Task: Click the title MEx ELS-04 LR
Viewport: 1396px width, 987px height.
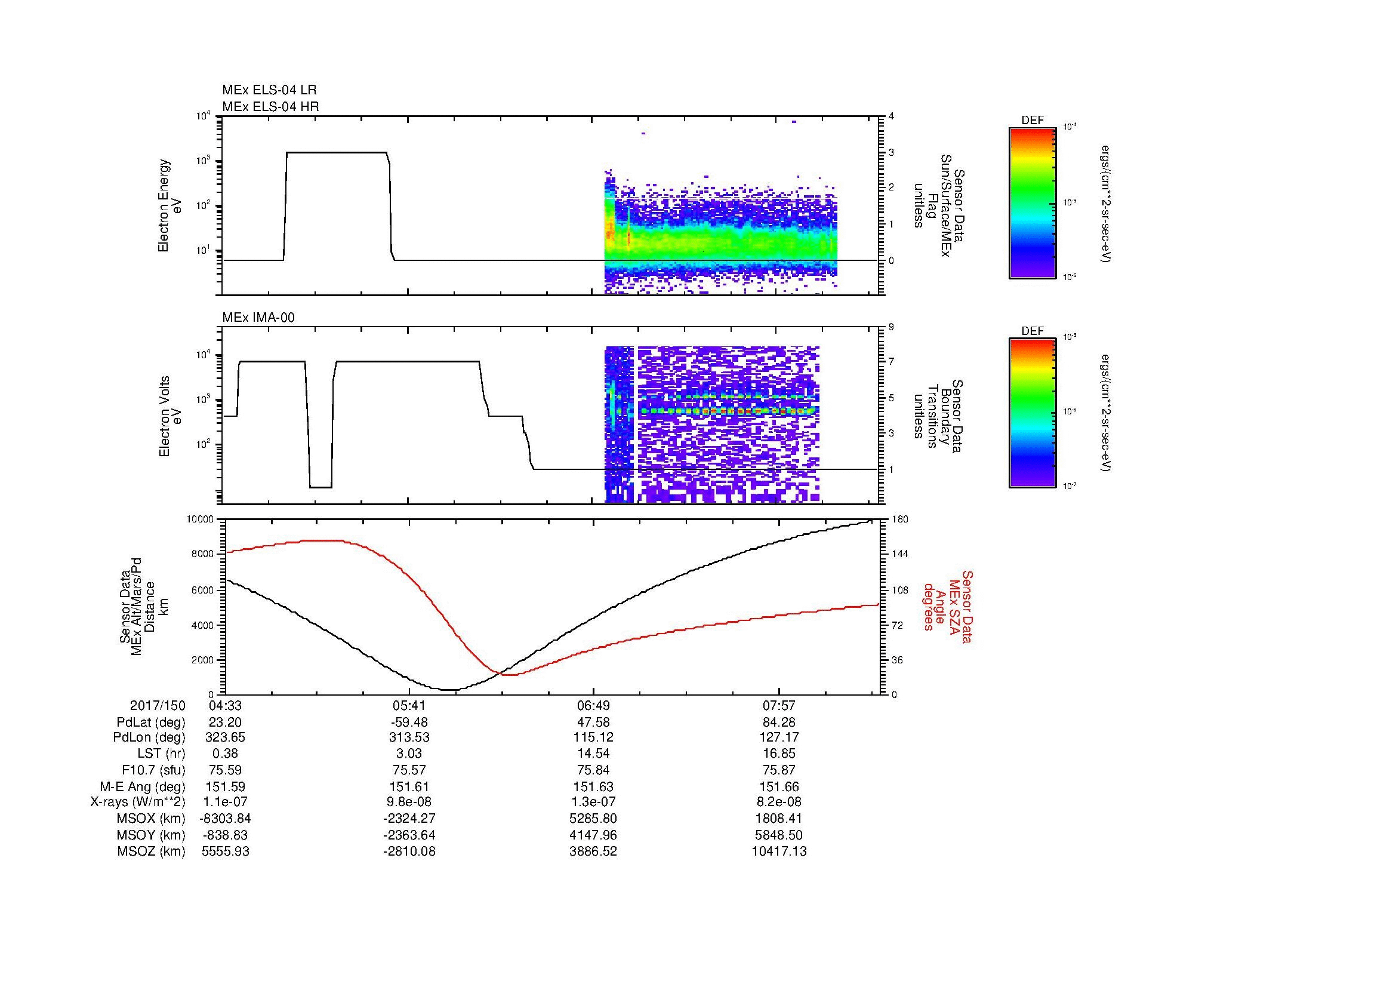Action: tap(269, 90)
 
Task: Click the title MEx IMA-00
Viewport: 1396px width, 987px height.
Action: tap(258, 318)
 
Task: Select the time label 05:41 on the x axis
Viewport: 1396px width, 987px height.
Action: tap(409, 705)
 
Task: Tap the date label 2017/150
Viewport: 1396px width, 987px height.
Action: tap(158, 705)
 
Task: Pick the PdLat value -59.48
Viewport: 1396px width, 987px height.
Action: tap(409, 722)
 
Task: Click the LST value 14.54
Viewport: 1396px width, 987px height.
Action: tap(593, 754)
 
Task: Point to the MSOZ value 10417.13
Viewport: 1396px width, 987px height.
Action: tap(779, 851)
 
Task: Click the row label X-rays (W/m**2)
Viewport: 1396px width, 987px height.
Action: tap(137, 802)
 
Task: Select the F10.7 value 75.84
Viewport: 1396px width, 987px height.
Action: tap(593, 770)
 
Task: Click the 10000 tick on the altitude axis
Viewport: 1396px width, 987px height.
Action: tap(201, 519)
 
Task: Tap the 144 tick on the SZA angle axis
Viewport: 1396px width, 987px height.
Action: tap(899, 554)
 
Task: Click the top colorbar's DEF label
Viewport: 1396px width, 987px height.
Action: tap(1032, 121)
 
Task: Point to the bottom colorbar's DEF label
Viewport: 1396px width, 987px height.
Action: tap(1032, 331)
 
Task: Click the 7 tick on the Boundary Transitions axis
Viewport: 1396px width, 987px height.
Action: tap(891, 362)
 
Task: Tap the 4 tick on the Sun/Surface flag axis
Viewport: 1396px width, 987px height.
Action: tap(891, 116)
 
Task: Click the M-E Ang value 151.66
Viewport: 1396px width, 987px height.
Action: tap(779, 786)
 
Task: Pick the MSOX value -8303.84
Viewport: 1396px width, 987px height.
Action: tap(225, 819)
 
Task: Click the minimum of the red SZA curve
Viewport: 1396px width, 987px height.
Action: tap(510, 674)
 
